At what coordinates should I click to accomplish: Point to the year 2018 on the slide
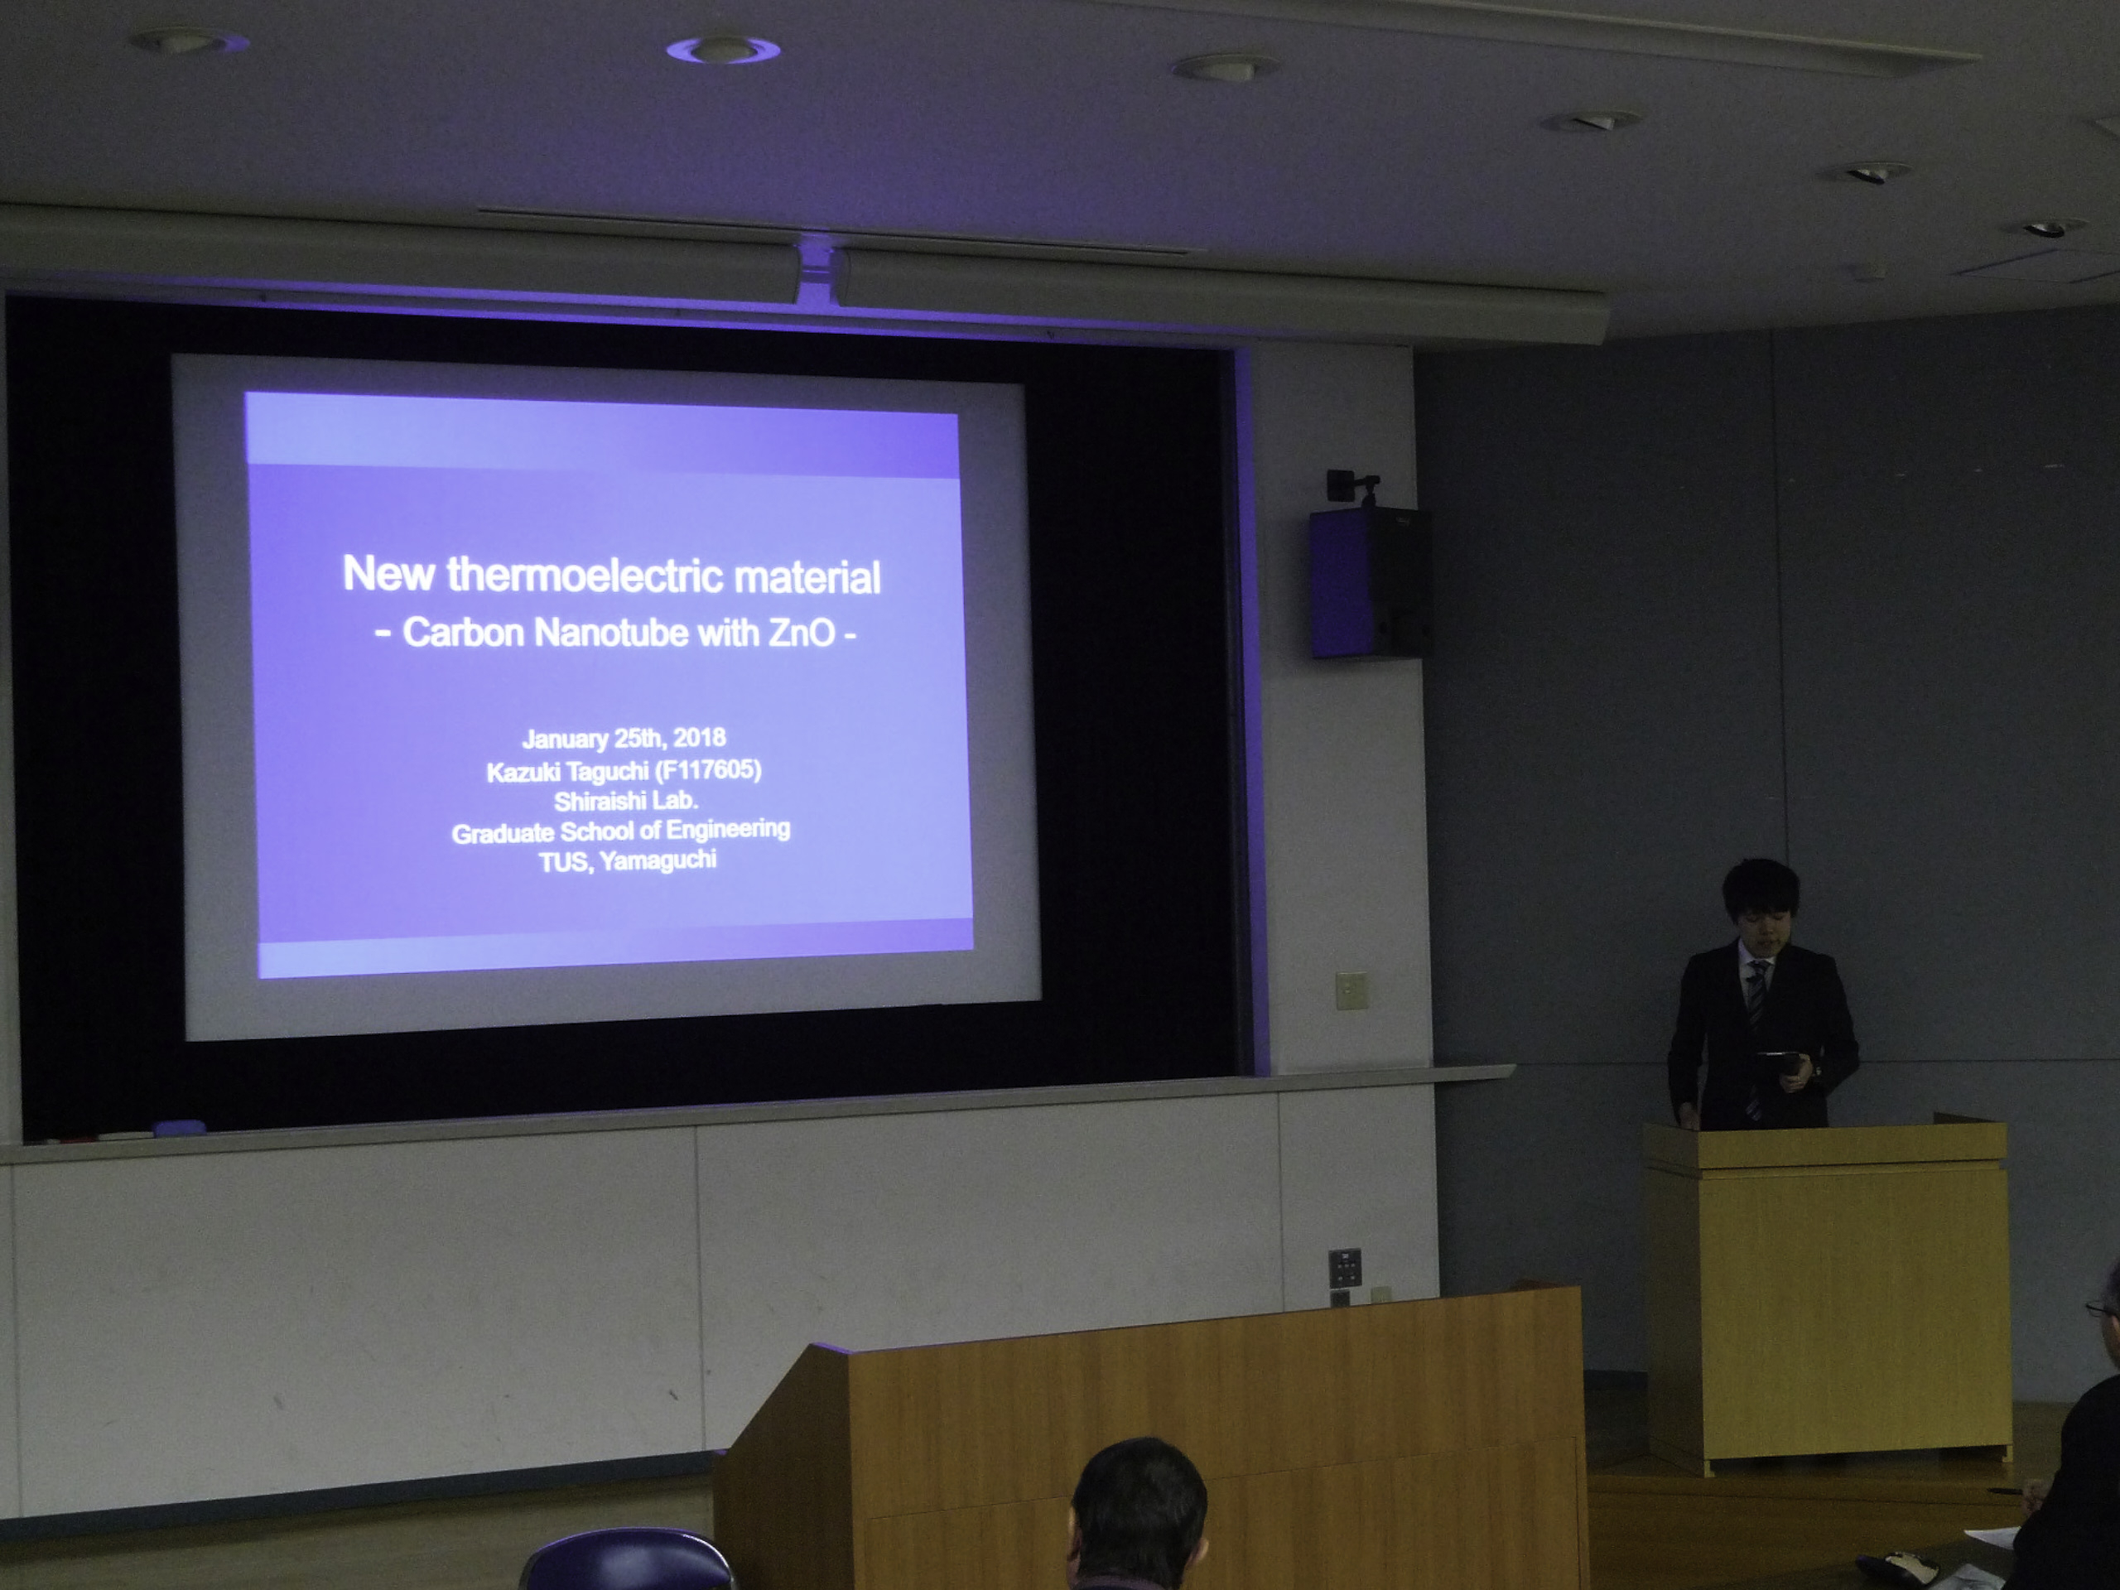[x=699, y=737]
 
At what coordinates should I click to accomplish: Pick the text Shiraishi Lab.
[x=626, y=800]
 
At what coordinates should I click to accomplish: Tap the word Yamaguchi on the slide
[x=658, y=860]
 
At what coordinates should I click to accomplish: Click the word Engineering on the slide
[x=729, y=828]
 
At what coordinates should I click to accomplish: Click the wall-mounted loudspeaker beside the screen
[x=1371, y=583]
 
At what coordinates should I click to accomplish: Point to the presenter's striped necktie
[x=1755, y=1035]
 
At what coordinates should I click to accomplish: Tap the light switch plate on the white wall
[x=1351, y=990]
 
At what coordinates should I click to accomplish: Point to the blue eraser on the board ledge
[x=178, y=1128]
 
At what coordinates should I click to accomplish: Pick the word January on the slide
[x=566, y=739]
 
